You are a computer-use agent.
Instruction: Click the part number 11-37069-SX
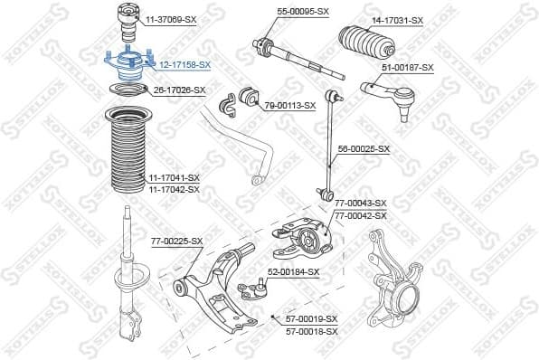(x=172, y=18)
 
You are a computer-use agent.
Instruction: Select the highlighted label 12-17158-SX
(x=184, y=65)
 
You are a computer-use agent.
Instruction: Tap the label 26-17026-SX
(x=179, y=90)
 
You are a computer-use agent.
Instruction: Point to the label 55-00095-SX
(x=303, y=12)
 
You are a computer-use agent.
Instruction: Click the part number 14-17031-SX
(x=398, y=19)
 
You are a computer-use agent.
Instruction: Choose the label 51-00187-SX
(x=408, y=67)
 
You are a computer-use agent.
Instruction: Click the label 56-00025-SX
(x=364, y=148)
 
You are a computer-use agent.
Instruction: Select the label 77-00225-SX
(x=176, y=241)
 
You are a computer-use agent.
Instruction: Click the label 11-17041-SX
(x=174, y=178)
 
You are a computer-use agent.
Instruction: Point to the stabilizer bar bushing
(x=250, y=97)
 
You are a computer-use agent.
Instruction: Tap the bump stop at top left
(x=122, y=21)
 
